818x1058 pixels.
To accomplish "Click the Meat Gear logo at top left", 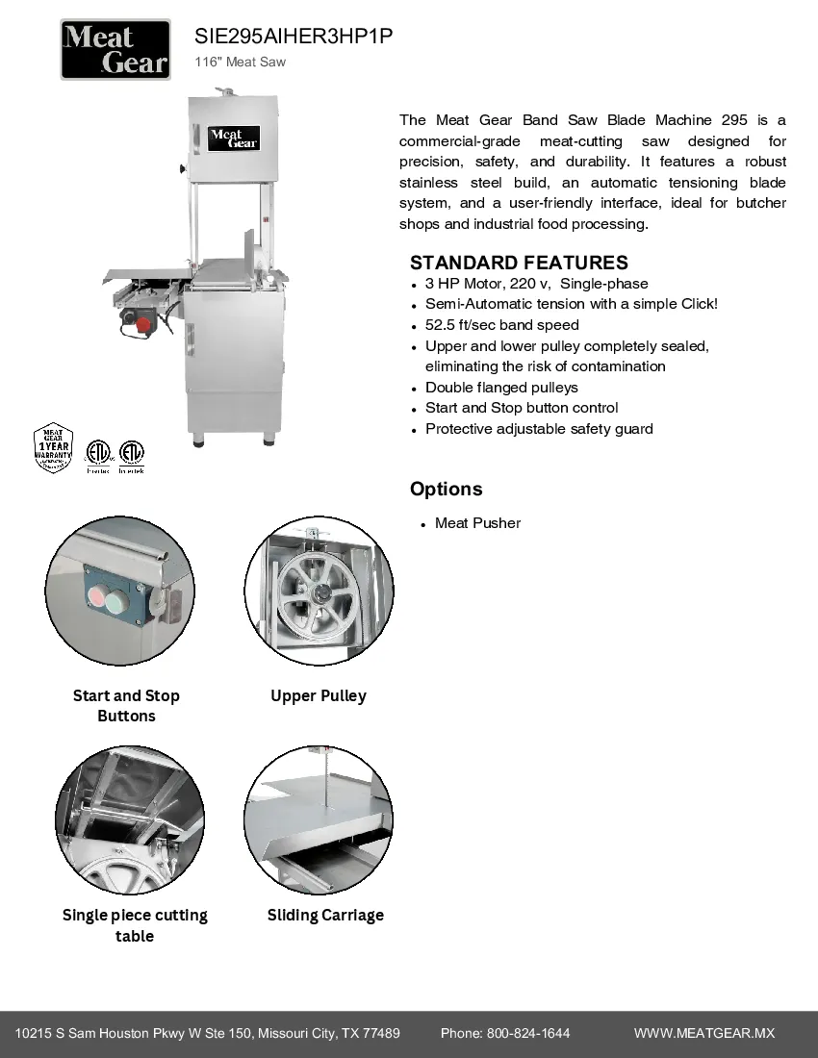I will click(x=115, y=50).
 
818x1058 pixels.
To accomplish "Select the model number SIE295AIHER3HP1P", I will click(x=294, y=37).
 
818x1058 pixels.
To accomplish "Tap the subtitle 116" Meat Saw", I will click(x=240, y=63).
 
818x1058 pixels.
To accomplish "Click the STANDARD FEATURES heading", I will click(x=519, y=263).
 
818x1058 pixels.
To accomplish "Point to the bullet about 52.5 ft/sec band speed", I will click(x=501, y=325).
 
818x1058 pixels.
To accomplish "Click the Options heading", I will click(x=446, y=489).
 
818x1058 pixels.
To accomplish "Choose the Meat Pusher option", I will click(x=477, y=523).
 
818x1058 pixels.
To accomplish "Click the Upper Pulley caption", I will click(x=319, y=695).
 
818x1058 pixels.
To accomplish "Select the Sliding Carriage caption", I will click(x=325, y=915).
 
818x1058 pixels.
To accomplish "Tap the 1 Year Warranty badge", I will click(x=54, y=447).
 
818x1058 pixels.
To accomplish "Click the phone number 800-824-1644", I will click(x=528, y=1033).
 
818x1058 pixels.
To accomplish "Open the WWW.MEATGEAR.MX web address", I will click(x=703, y=1033).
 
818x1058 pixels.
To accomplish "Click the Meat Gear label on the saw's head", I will click(x=234, y=138).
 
